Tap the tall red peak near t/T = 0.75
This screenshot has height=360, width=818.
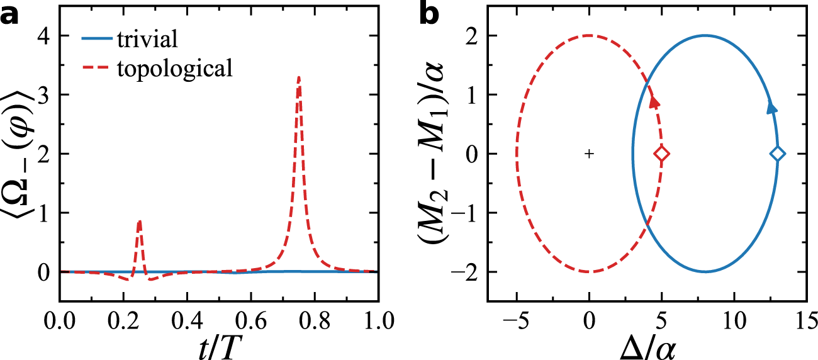click(298, 79)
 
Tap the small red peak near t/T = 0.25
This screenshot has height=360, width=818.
click(139, 222)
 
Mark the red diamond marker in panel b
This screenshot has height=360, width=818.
click(661, 154)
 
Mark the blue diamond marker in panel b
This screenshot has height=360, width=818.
click(777, 154)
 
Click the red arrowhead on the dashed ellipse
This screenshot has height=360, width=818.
click(655, 102)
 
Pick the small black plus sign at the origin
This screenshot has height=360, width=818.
click(589, 154)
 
